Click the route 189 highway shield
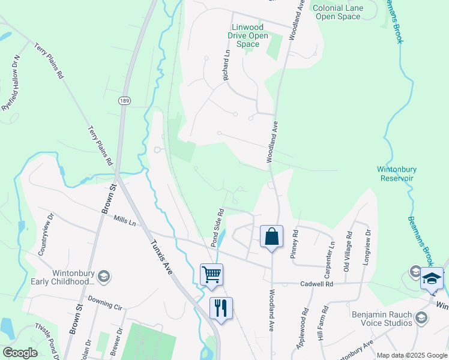click(x=124, y=101)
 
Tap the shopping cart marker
click(x=211, y=275)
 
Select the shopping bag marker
click(x=271, y=236)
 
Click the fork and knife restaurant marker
click(x=221, y=308)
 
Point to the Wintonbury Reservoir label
click(x=397, y=174)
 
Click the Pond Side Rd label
click(x=217, y=228)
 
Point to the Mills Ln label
click(x=125, y=221)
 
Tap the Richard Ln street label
click(x=226, y=66)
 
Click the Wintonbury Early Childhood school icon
click(x=103, y=276)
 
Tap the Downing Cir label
click(x=104, y=301)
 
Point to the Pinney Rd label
click(x=294, y=244)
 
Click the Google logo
click(x=20, y=353)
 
